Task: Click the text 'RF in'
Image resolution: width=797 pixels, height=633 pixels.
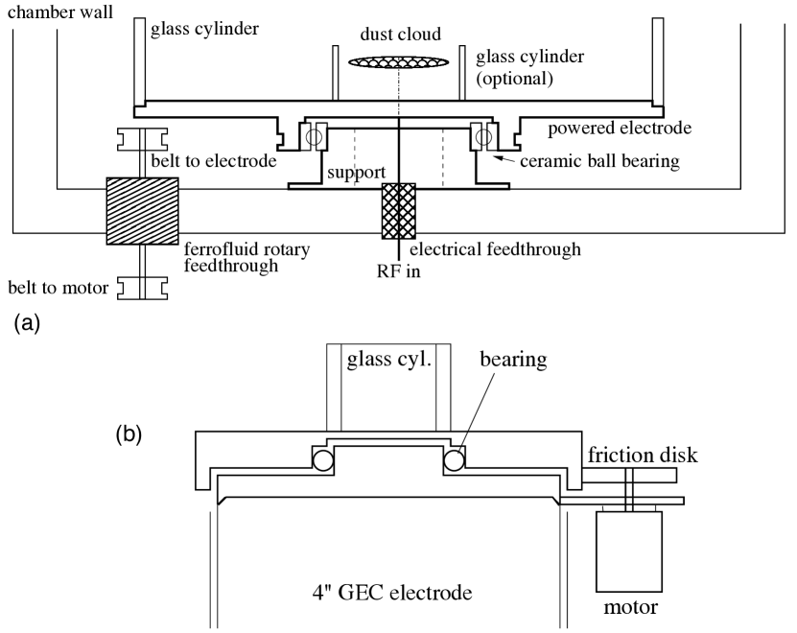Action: pos(395,271)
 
